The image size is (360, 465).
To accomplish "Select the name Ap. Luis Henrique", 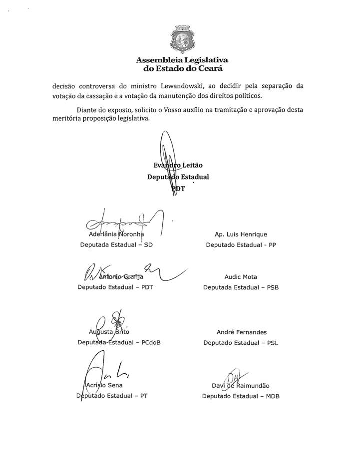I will click(241, 234).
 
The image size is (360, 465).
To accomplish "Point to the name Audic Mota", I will click(241, 277).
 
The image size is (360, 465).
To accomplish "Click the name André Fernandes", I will click(241, 332).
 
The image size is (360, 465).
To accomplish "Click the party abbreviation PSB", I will click(270, 288).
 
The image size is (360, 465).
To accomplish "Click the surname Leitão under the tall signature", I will click(192, 166).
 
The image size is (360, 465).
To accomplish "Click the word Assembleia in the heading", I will click(159, 60).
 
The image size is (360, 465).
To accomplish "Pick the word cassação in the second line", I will click(103, 96).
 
